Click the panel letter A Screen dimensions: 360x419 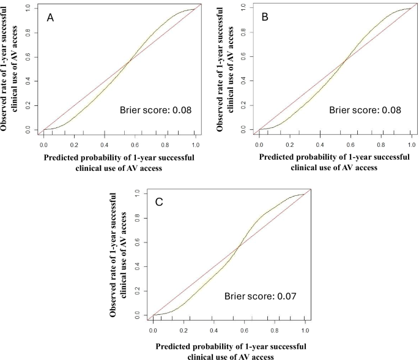pos(52,19)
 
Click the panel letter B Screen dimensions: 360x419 pos(265,18)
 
